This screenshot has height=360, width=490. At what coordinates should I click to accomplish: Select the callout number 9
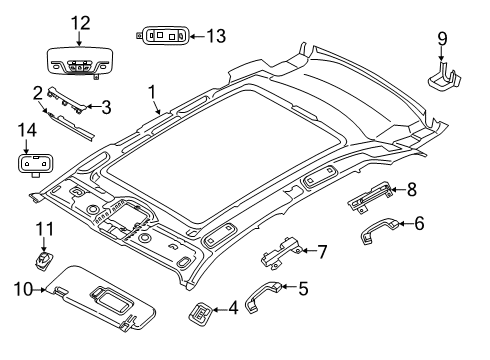tap(442, 41)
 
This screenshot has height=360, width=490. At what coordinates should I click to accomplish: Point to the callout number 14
tap(27, 130)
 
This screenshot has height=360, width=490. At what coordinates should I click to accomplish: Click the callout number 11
tap(43, 230)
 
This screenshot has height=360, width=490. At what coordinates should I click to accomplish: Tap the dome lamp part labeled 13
tap(162, 35)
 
